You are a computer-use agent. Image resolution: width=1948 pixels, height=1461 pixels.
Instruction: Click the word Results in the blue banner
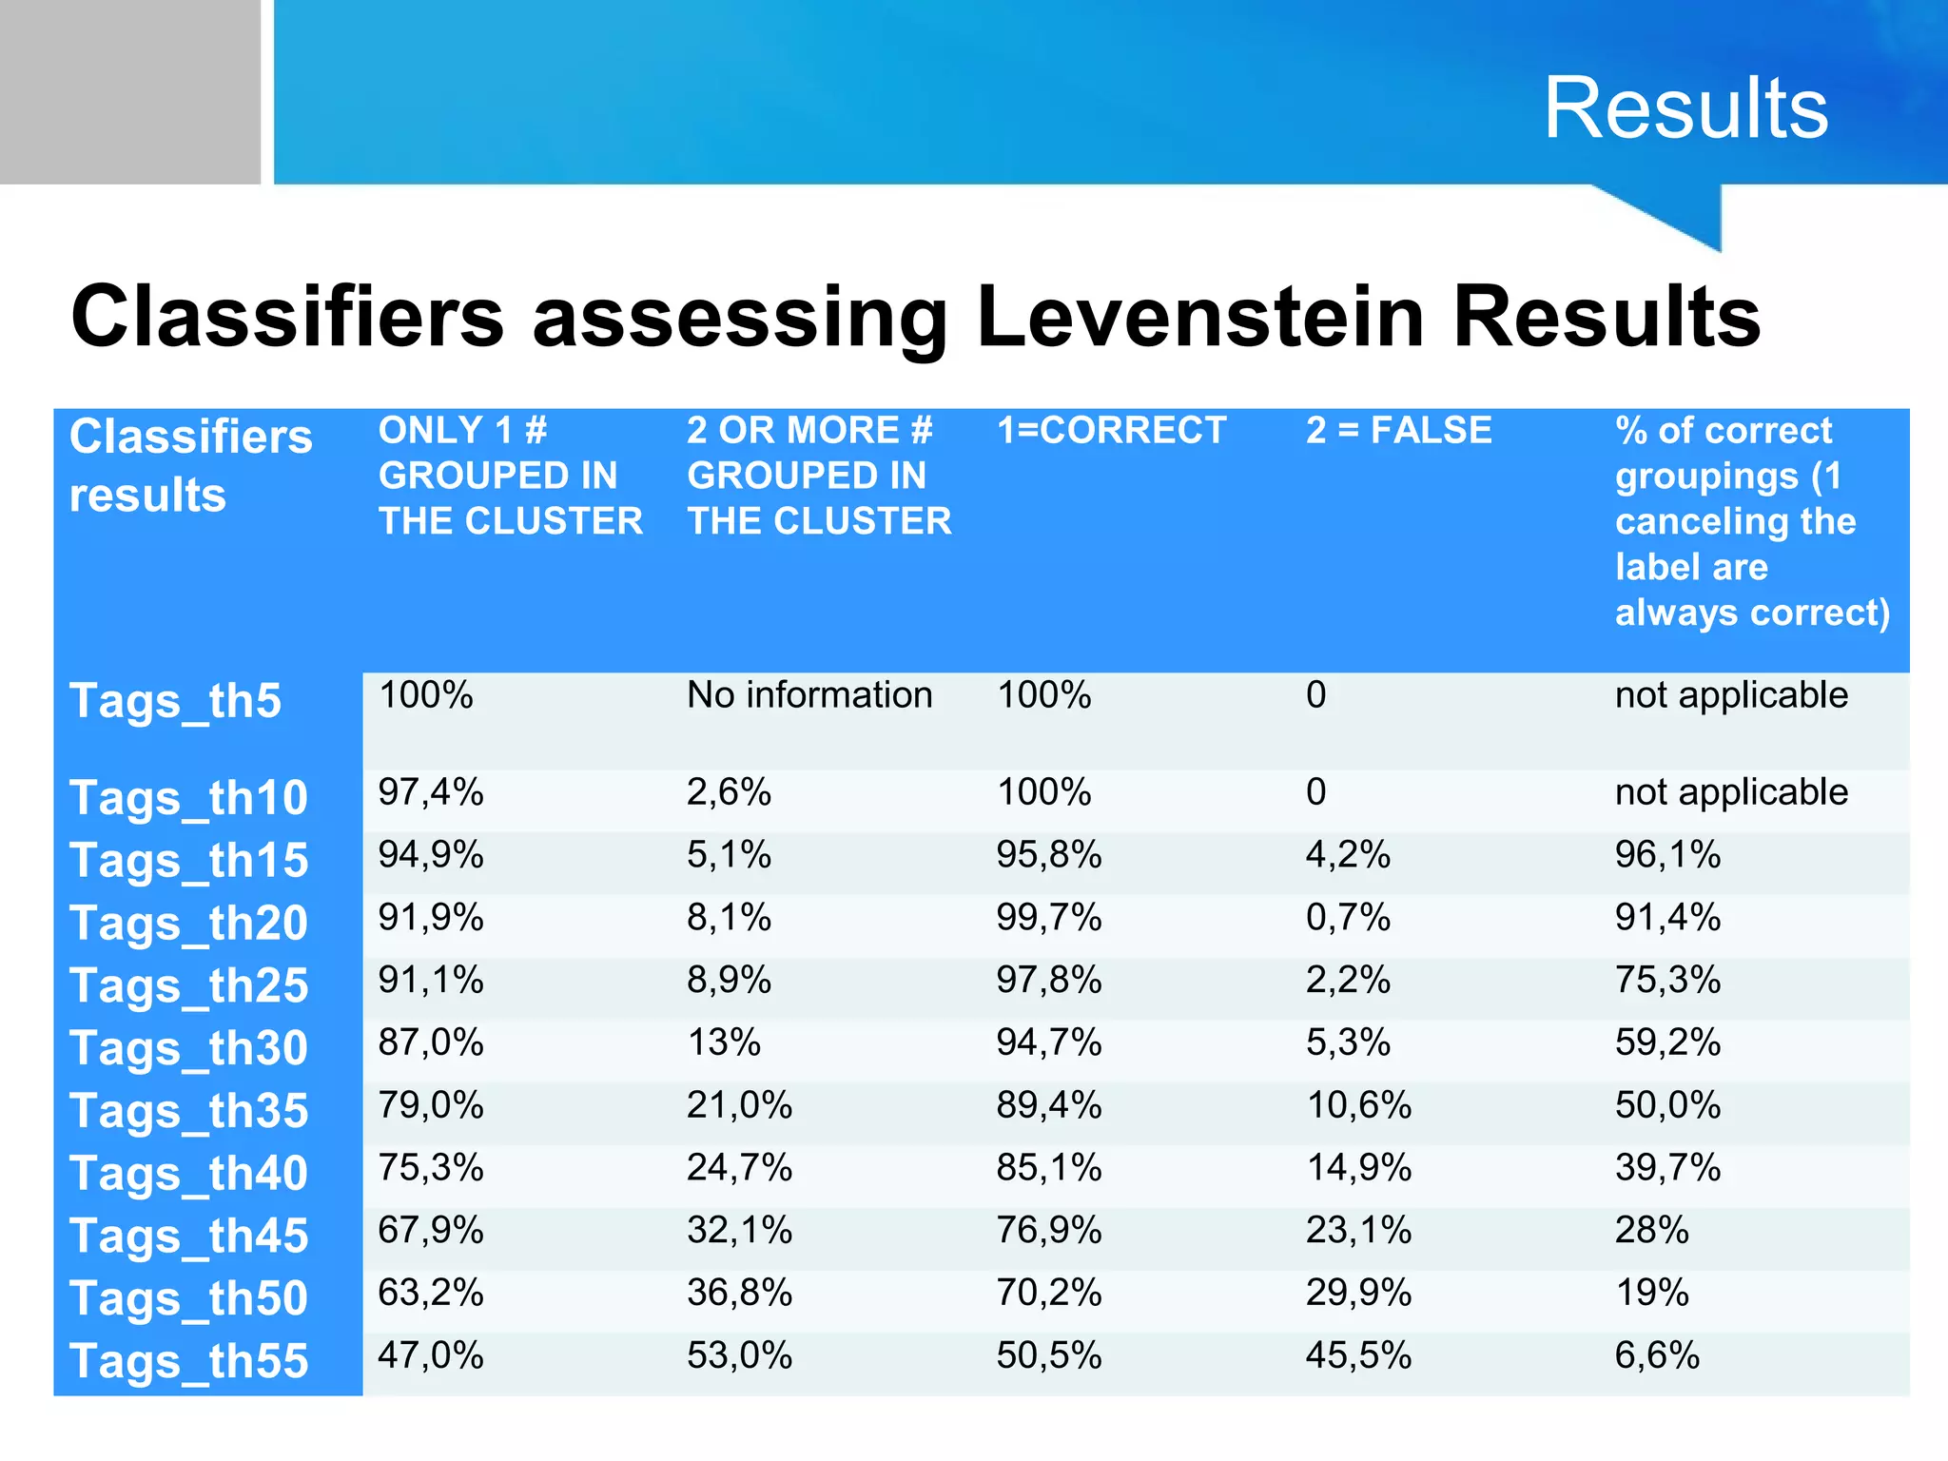pos(1685,108)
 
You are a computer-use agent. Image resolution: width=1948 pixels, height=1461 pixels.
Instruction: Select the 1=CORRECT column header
pos(1111,431)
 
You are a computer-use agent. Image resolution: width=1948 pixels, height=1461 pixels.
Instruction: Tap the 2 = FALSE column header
pos(1398,431)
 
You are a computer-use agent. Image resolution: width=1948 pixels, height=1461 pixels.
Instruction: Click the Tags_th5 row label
pos(175,702)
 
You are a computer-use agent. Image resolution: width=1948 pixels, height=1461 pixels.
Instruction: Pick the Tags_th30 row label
pos(188,1049)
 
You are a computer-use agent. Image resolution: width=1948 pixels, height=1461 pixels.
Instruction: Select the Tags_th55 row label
pos(188,1361)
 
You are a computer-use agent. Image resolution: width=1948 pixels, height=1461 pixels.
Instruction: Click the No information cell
pos(809,695)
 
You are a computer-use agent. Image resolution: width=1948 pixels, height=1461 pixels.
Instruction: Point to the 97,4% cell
pos(431,792)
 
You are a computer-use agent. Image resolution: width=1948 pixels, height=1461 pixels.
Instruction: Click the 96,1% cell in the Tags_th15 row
pos(1667,855)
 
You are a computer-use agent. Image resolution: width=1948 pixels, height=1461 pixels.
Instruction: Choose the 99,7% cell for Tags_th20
pos(1048,918)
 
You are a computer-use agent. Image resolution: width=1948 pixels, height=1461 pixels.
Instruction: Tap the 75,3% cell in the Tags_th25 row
pos(1667,980)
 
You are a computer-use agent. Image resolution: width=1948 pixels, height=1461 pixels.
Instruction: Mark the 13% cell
pos(724,1043)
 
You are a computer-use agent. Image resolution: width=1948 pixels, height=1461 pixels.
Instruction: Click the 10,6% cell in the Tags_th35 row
pos(1358,1105)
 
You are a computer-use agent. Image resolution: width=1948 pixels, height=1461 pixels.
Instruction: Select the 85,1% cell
pos(1048,1168)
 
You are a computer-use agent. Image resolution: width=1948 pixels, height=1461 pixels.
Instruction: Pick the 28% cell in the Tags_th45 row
pos(1651,1231)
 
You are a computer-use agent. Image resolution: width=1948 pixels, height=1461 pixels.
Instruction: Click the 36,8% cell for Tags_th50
pos(739,1294)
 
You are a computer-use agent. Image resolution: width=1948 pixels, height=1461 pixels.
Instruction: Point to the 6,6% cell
pos(1657,1355)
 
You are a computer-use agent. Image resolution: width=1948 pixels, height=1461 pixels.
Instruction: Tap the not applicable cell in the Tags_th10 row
pos(1731,792)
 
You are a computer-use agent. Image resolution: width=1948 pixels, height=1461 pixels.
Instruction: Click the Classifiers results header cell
pos(190,466)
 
